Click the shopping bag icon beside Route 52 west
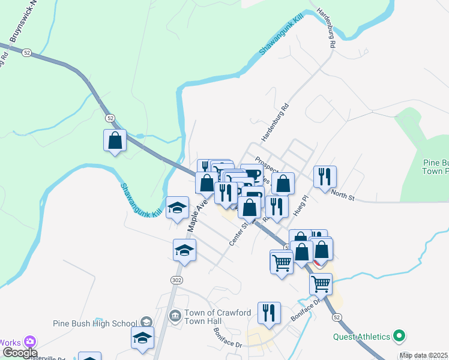pyautogui.click(x=115, y=141)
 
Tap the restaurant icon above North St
pyautogui.click(x=325, y=177)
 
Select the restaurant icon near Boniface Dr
pyautogui.click(x=270, y=313)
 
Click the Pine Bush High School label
pyautogui.click(x=95, y=323)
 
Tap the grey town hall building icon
pyautogui.click(x=175, y=315)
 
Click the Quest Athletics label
pyautogui.click(x=361, y=336)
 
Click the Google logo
pyautogui.click(x=20, y=353)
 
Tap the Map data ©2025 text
pyautogui.click(x=424, y=355)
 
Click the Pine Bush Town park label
pyautogui.click(x=435, y=167)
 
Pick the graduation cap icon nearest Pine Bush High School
pyautogui.click(x=142, y=337)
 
